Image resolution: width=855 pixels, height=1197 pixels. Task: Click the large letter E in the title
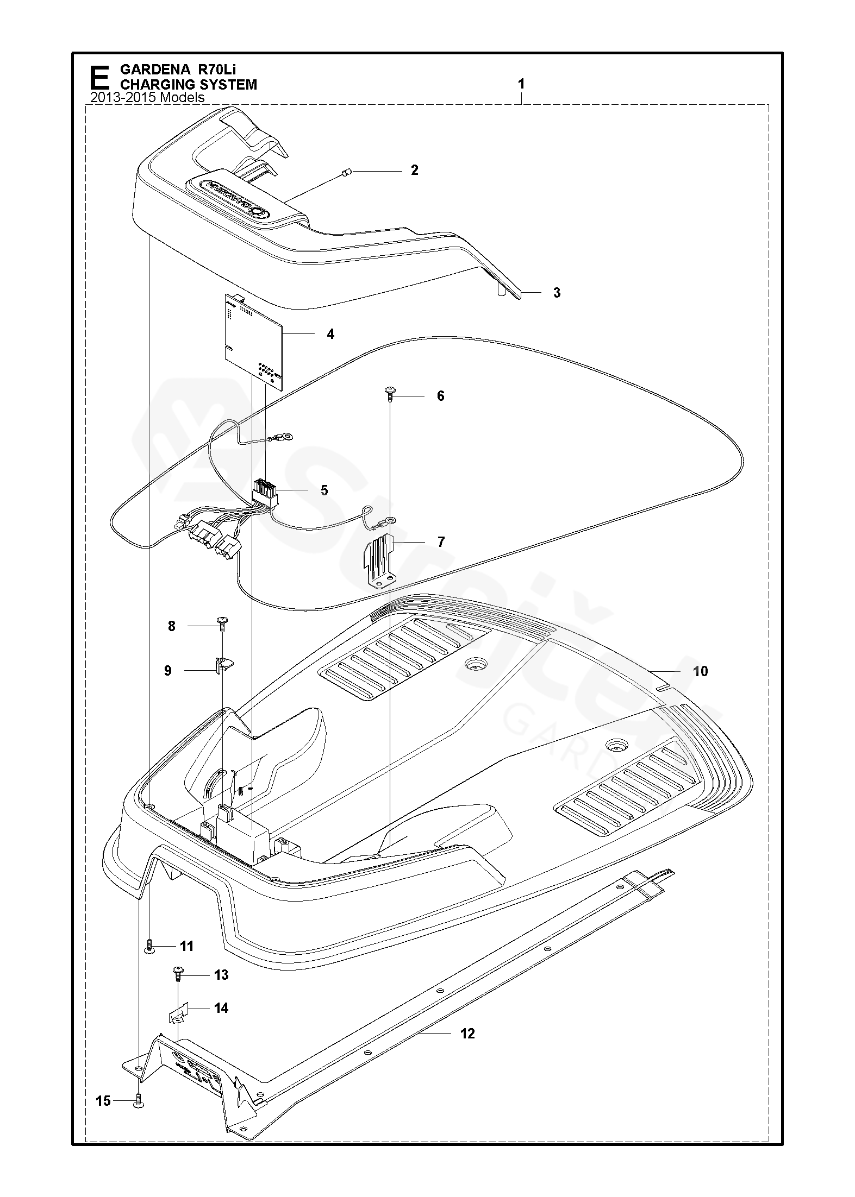click(99, 78)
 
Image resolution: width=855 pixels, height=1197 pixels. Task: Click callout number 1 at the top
click(521, 84)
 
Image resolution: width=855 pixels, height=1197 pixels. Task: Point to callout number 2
click(415, 170)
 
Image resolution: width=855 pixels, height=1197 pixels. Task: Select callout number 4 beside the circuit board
click(330, 334)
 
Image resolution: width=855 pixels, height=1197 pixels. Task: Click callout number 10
click(701, 671)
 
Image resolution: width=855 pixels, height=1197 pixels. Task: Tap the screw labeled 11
click(149, 946)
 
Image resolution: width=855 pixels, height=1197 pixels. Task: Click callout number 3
click(557, 293)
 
